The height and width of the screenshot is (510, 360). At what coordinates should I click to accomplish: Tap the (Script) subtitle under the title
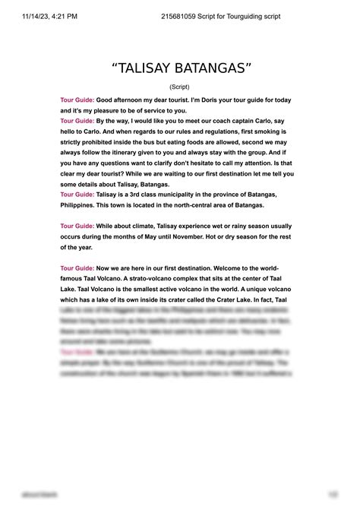(180, 87)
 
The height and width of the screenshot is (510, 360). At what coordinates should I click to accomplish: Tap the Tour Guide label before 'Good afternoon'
(77, 100)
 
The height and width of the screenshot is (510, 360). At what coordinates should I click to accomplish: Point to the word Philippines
(82, 205)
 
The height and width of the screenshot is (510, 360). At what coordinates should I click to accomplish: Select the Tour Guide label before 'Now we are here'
(77, 268)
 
